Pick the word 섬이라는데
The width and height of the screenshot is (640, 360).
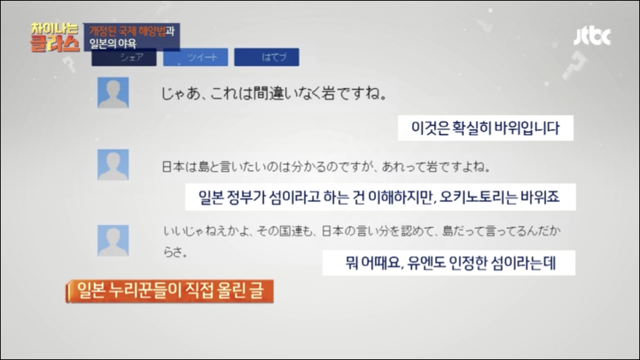[528, 263]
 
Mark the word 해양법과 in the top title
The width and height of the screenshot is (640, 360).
[149, 31]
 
